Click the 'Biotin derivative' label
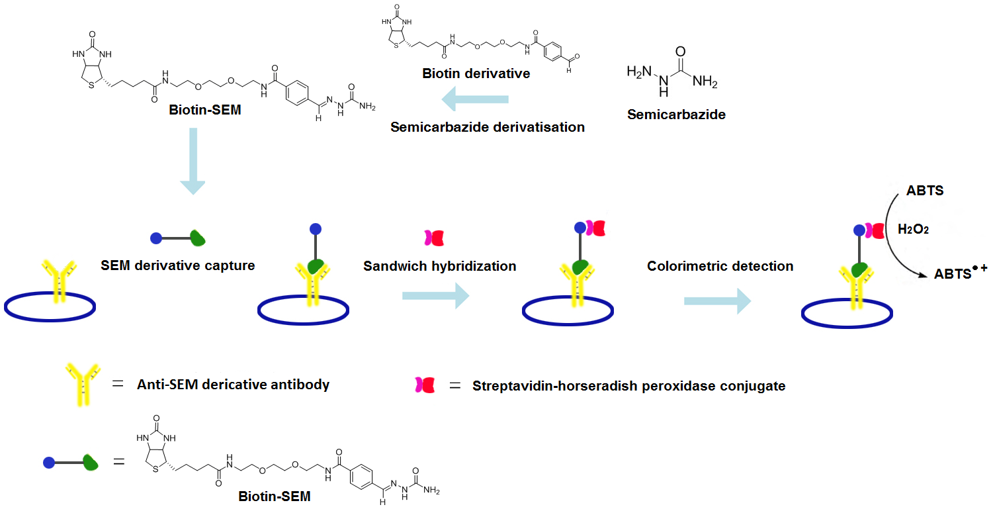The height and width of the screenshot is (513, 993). click(476, 73)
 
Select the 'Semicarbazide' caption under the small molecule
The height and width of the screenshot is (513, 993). click(676, 115)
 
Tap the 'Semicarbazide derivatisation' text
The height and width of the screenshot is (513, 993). click(488, 127)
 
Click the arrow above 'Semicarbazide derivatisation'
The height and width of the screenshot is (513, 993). click(474, 100)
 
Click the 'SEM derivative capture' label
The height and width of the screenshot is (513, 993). click(178, 266)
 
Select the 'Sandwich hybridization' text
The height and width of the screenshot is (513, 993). click(439, 266)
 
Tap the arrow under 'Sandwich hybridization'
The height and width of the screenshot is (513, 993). click(435, 296)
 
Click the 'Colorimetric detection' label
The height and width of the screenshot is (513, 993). click(720, 266)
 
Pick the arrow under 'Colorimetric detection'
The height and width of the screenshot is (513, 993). click(717, 301)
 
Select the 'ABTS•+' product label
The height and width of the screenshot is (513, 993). click(959, 271)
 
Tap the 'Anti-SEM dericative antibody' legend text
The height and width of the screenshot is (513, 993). click(233, 385)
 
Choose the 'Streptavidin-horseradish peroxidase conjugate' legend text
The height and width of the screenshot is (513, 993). click(628, 386)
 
